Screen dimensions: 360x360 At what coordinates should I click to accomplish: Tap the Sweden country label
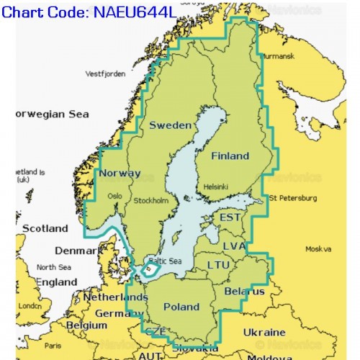pyautogui.click(x=170, y=125)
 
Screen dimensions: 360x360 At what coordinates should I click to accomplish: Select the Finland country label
pyautogui.click(x=230, y=156)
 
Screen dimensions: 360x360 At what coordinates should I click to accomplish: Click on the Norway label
pyautogui.click(x=120, y=174)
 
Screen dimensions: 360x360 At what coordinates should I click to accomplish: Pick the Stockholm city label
pyautogui.click(x=151, y=200)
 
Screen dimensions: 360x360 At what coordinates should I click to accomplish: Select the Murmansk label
pyautogui.click(x=277, y=55)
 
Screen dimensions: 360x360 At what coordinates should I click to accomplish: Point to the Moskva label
pyautogui.click(x=318, y=249)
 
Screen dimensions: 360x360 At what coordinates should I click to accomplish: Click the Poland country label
pyautogui.click(x=181, y=306)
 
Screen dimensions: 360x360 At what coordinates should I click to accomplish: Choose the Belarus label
pyautogui.click(x=244, y=292)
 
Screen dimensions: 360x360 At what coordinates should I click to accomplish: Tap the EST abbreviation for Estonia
pyautogui.click(x=230, y=217)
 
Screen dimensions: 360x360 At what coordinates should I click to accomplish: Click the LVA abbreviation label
pyautogui.click(x=234, y=246)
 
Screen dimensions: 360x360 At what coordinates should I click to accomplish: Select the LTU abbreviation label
pyautogui.click(x=218, y=265)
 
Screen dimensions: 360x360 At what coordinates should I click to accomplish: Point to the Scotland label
pyautogui.click(x=45, y=228)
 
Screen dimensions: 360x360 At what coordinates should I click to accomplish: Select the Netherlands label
pyautogui.click(x=115, y=297)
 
